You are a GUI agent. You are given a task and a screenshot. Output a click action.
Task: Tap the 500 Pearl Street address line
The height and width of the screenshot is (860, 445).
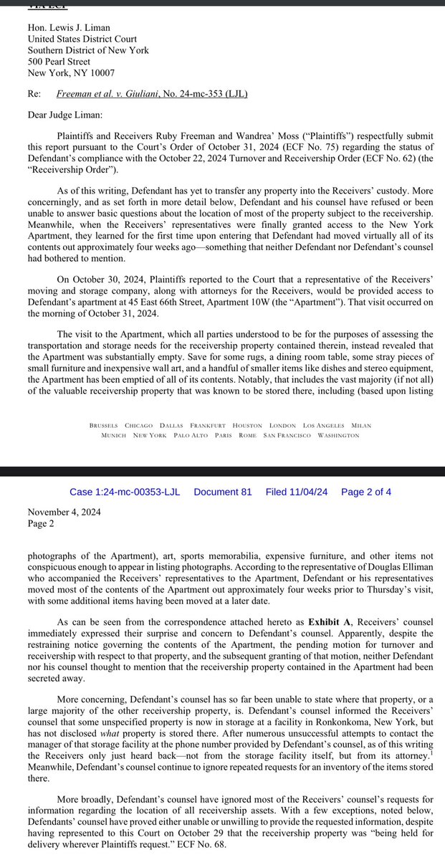point(59,62)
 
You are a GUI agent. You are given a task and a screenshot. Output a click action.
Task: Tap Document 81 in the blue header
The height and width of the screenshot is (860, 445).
point(223,492)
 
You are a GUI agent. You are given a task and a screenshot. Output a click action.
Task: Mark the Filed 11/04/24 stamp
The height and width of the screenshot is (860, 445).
point(297,492)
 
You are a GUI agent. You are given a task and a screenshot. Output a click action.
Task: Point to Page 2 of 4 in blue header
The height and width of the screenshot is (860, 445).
point(365,492)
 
